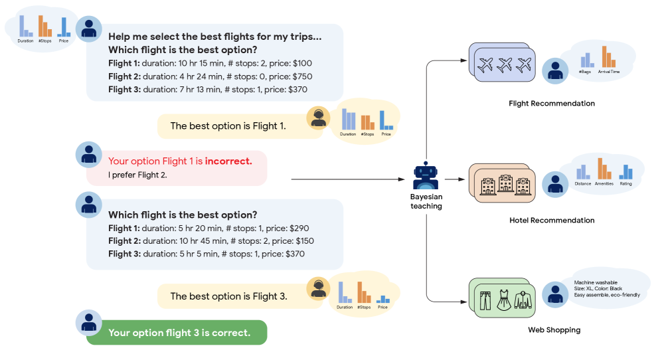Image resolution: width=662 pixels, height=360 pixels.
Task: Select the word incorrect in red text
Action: [x=228, y=161]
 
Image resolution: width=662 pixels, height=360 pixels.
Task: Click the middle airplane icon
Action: [x=505, y=65]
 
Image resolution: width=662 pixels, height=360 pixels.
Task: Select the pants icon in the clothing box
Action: [x=485, y=300]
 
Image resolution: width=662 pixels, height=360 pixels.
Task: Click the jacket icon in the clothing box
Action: [x=525, y=300]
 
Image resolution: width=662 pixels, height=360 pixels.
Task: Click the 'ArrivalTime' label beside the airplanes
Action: [x=609, y=71]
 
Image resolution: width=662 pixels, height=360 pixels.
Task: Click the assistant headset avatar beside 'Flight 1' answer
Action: [x=319, y=118]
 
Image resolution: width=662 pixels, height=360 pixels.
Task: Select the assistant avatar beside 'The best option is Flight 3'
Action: [x=319, y=288]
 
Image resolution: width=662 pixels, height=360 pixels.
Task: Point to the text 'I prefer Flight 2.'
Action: [x=137, y=175]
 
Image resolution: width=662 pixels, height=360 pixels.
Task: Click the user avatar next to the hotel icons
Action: [x=554, y=183]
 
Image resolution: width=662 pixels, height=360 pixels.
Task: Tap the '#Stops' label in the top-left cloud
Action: [x=45, y=41]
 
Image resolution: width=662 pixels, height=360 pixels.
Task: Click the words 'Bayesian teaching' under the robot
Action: [x=426, y=201]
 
